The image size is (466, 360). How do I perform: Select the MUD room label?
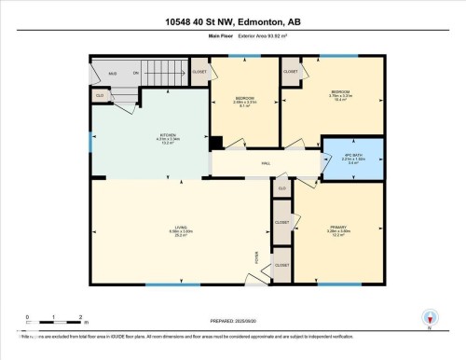(x=113, y=72)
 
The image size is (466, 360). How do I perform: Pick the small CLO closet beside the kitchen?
(x=100, y=94)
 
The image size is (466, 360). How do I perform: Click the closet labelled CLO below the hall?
(x=281, y=189)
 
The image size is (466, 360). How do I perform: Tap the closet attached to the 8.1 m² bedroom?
(x=199, y=72)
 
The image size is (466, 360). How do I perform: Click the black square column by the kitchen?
(x=216, y=143)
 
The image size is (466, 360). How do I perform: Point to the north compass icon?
(x=430, y=318)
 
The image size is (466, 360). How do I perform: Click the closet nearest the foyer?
(x=281, y=265)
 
